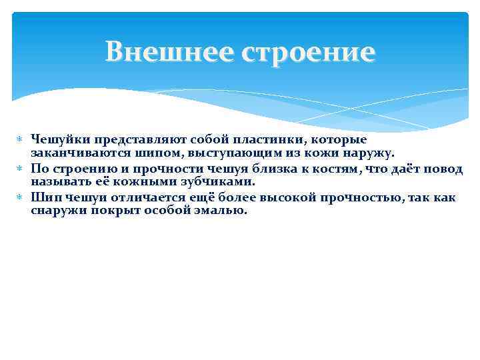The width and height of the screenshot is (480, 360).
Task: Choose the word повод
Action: (445, 169)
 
